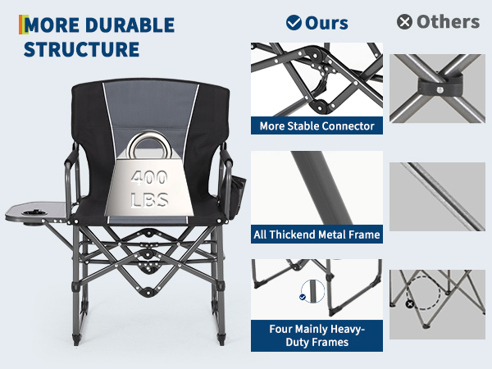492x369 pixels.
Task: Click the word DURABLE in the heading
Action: click(x=130, y=25)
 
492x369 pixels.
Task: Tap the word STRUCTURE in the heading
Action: click(x=81, y=49)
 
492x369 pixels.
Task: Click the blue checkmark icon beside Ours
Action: click(x=294, y=23)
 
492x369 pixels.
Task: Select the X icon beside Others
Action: click(x=404, y=22)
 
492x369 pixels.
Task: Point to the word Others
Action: click(x=448, y=22)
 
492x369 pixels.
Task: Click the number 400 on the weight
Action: click(x=149, y=178)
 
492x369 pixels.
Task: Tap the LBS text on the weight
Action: click(x=149, y=200)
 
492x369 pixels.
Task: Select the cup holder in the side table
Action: click(x=34, y=213)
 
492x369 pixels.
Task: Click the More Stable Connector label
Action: click(x=317, y=125)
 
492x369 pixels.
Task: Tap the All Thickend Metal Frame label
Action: click(x=317, y=235)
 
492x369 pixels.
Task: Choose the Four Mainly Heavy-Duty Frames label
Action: click(x=317, y=335)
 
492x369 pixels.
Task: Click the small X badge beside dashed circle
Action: click(x=410, y=303)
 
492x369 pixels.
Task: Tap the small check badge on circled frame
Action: click(x=303, y=297)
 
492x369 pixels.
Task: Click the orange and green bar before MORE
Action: click(x=24, y=25)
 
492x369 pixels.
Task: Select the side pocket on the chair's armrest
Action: click(x=238, y=197)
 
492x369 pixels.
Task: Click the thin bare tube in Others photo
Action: click(x=443, y=196)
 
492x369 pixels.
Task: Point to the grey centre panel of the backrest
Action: click(x=151, y=107)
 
